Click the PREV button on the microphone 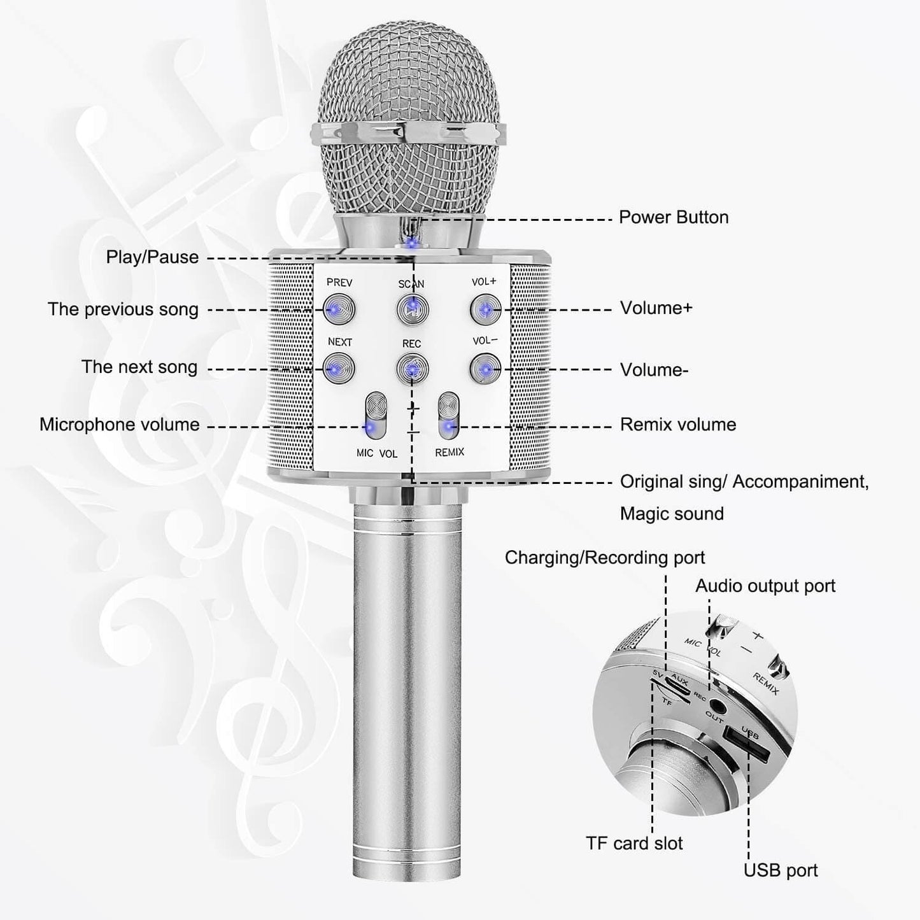[338, 309]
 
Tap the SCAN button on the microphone [412, 309]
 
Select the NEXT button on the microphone [338, 369]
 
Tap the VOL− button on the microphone [485, 368]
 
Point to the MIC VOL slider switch [376, 416]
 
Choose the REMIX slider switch [449, 416]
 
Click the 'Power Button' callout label [674, 218]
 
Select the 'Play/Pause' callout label [152, 257]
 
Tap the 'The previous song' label [123, 309]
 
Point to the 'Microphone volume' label [119, 425]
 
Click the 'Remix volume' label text [678, 425]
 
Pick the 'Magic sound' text [672, 514]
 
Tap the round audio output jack [718, 707]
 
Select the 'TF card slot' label [634, 844]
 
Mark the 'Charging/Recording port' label [605, 558]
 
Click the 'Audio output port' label [765, 586]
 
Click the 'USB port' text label [781, 870]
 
